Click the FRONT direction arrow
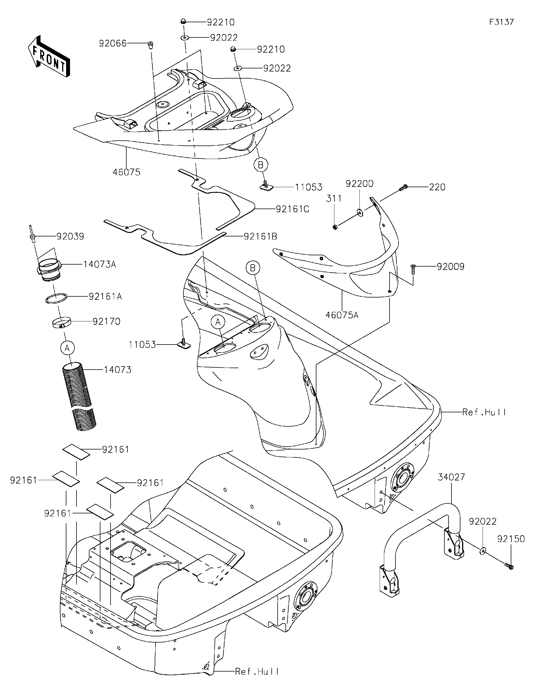tap(49, 56)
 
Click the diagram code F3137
tap(501, 22)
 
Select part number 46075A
tap(342, 315)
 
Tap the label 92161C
tap(292, 209)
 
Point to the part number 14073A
tap(100, 264)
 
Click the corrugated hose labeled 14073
tap(78, 396)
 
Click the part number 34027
tap(451, 477)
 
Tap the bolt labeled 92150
tap(510, 567)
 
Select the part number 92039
tap(70, 236)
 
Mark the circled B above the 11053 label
tap(261, 165)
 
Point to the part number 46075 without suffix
tap(127, 172)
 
